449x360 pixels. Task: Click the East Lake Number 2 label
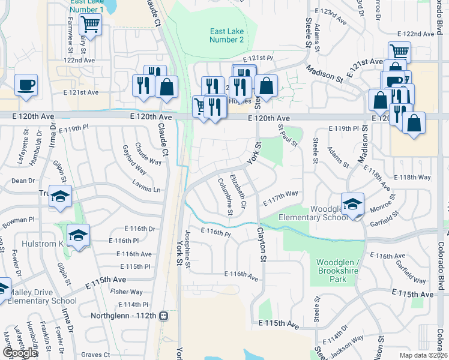[226, 35]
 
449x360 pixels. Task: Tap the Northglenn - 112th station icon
[163, 316]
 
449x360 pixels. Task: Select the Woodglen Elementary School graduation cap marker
[352, 202]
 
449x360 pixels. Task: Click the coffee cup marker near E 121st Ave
[26, 85]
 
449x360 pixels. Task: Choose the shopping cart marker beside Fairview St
[90, 24]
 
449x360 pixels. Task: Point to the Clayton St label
[261, 243]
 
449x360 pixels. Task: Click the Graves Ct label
[96, 355]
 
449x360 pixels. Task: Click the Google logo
[20, 353]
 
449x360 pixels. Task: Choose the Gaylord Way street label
[134, 157]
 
